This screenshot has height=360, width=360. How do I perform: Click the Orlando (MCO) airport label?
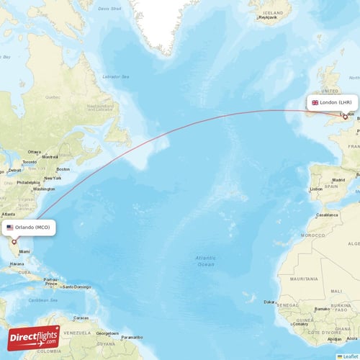tap(30, 228)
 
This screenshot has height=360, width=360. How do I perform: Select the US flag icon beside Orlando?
tap(10, 228)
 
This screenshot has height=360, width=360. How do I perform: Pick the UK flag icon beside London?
tap(315, 103)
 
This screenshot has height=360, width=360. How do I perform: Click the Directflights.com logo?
tap(35, 338)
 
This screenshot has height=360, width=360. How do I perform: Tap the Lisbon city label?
tap(316, 189)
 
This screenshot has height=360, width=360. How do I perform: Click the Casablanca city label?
tap(327, 215)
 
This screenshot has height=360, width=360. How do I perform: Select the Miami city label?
tap(25, 251)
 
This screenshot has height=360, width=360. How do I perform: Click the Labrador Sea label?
tap(116, 77)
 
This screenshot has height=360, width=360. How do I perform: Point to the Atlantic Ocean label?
tap(206, 261)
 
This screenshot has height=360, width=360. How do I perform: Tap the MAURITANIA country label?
tap(305, 279)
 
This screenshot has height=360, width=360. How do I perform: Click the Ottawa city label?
tap(34, 152)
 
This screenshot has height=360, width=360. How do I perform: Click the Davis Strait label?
tap(110, 9)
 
